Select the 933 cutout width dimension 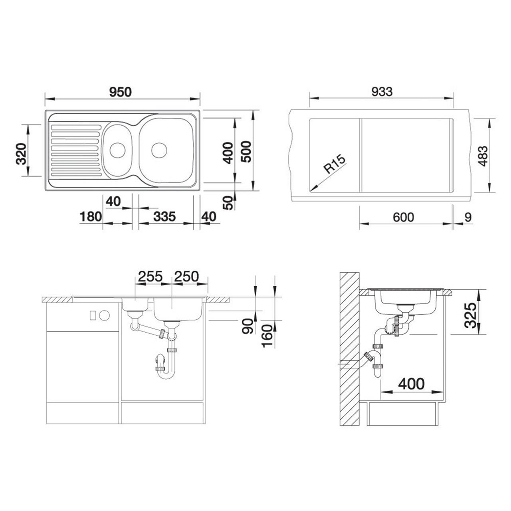click(x=382, y=91)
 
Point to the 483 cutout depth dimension click(x=483, y=156)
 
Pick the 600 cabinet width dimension click(x=403, y=218)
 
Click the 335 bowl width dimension click(x=164, y=217)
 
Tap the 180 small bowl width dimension click(x=91, y=217)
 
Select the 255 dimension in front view click(x=150, y=276)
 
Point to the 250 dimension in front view click(x=186, y=276)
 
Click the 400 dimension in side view click(x=411, y=384)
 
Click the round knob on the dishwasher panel click(x=104, y=315)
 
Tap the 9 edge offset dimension click(x=468, y=218)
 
